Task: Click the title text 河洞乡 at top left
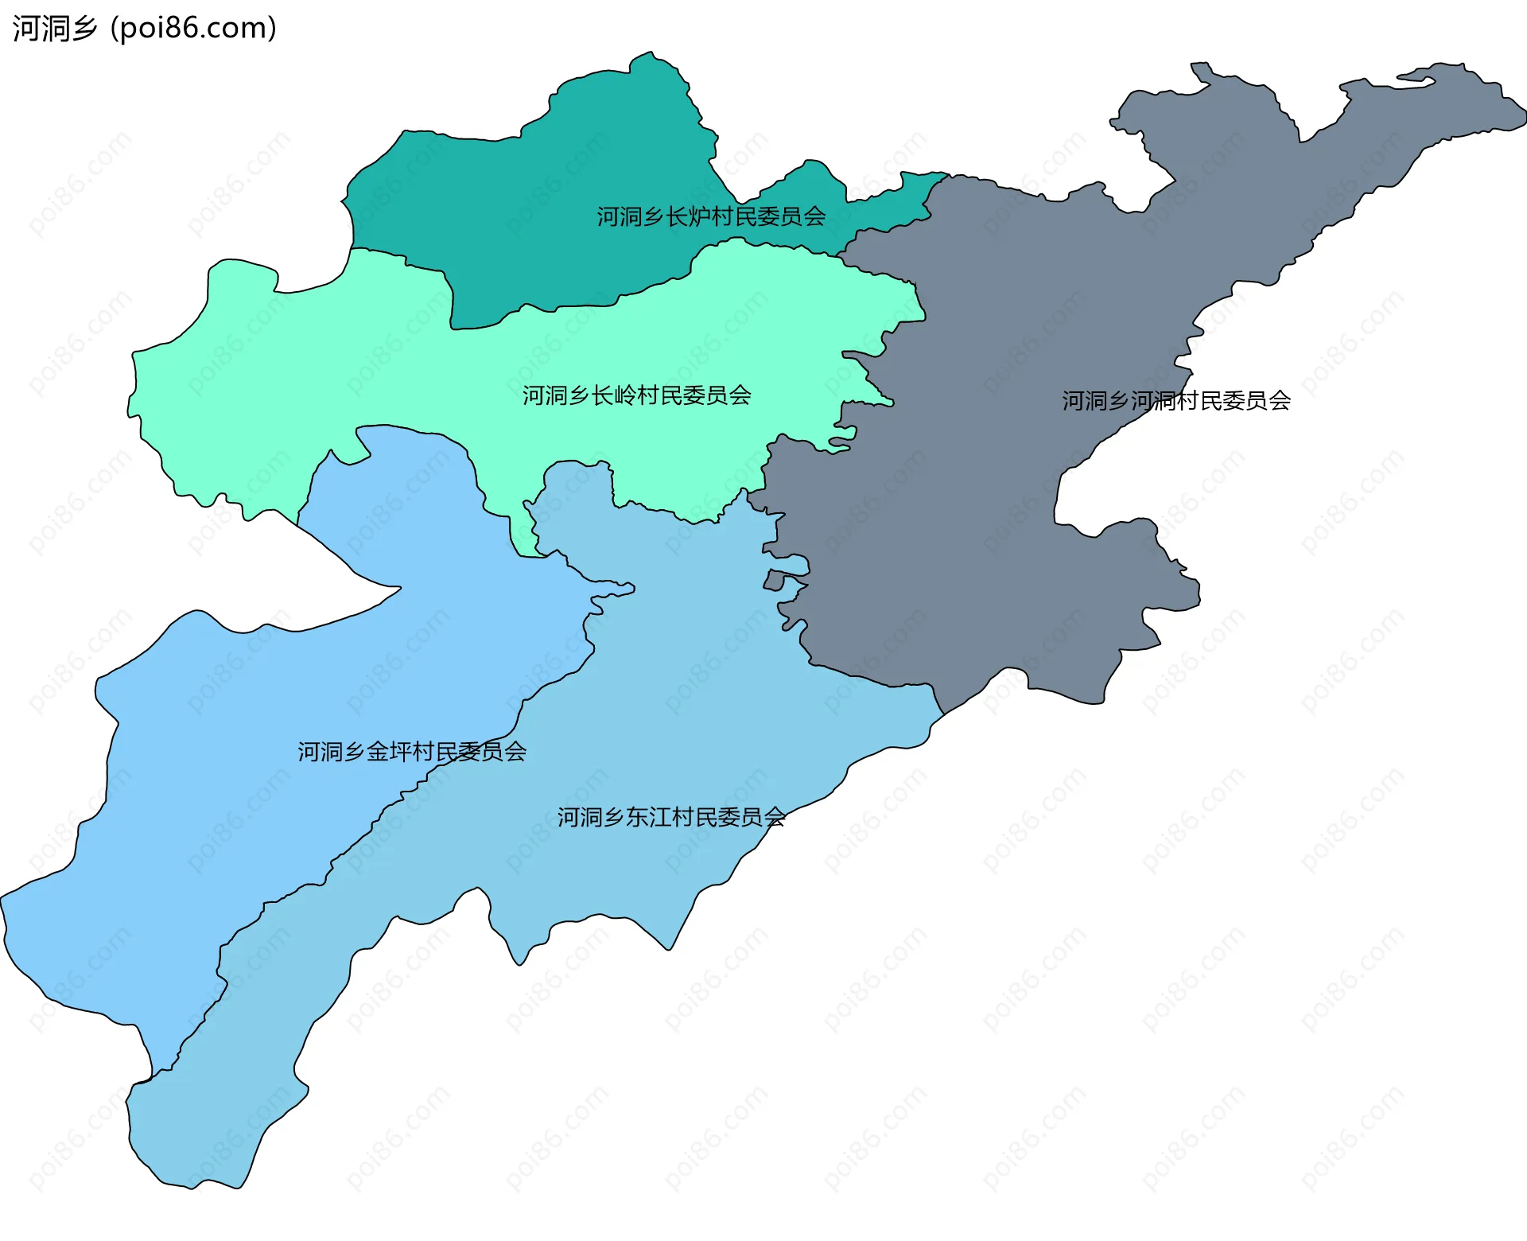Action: coord(54,28)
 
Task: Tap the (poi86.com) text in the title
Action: coord(193,28)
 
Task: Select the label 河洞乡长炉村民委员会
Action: coord(711,216)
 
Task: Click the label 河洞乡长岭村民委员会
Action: coord(636,395)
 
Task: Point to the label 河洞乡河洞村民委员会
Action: coord(1175,401)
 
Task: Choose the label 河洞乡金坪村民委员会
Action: coord(412,752)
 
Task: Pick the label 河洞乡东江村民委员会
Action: coord(670,817)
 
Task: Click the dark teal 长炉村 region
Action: coord(557,199)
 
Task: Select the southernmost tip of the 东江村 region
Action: coord(191,1188)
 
